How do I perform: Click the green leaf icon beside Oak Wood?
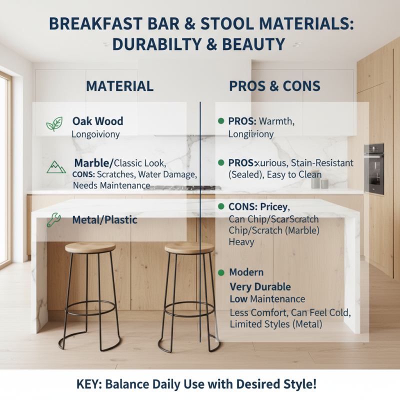click(x=54, y=124)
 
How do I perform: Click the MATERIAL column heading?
click(x=119, y=86)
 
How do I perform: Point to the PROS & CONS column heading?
click(x=274, y=86)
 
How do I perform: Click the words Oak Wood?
click(x=97, y=121)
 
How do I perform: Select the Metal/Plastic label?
click(x=104, y=220)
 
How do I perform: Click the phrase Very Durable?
click(x=260, y=287)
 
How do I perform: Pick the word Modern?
click(x=246, y=273)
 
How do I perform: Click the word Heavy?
click(x=241, y=242)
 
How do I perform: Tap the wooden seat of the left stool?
click(x=90, y=247)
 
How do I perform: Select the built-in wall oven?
click(x=373, y=168)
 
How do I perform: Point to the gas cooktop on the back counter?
click(x=182, y=188)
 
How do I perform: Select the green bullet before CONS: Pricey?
click(x=221, y=207)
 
